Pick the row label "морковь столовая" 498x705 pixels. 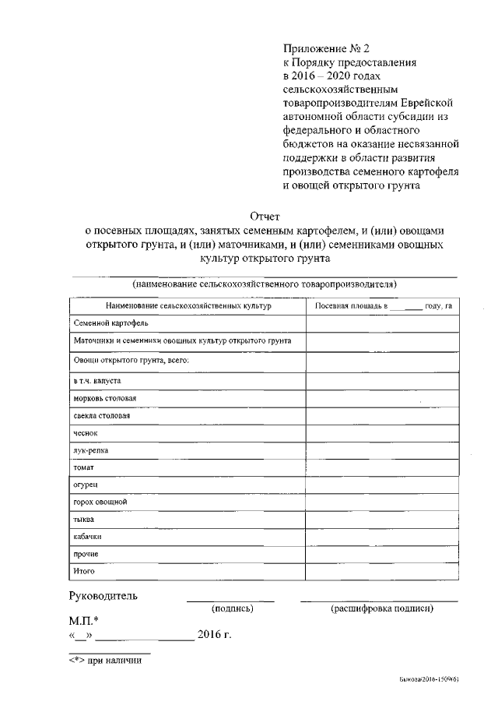point(105,399)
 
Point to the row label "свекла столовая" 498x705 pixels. point(101,416)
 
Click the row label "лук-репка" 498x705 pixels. point(91,450)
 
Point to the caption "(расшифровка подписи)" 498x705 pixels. point(382,608)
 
